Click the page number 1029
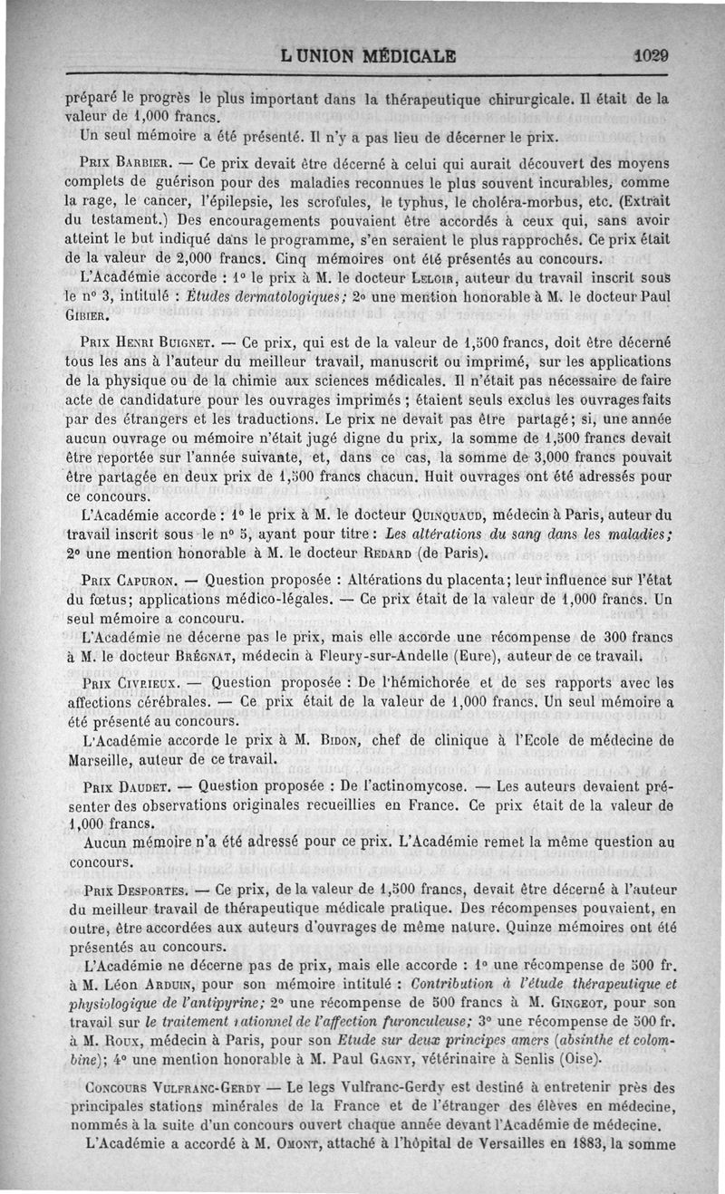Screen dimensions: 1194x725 click(x=651, y=54)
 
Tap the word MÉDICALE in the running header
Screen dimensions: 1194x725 click(x=397, y=55)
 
